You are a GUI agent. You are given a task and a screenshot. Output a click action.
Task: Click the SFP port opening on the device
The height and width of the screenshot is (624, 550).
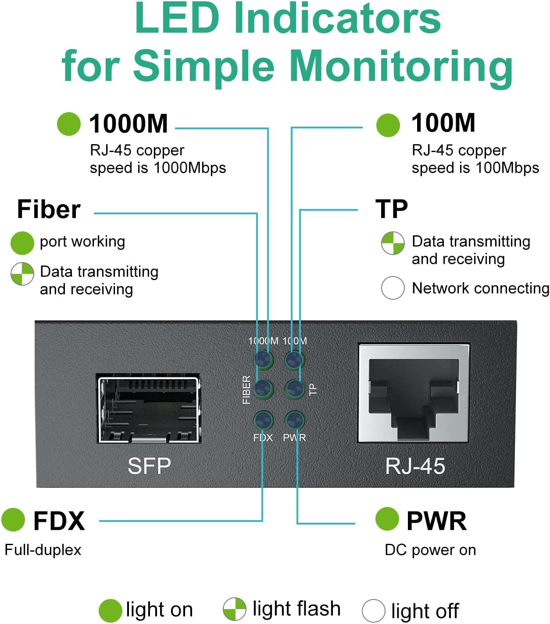tap(149, 408)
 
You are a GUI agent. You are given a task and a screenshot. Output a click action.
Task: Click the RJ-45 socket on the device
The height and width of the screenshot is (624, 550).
tap(414, 393)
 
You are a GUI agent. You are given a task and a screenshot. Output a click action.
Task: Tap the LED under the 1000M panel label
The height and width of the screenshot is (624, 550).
tap(263, 360)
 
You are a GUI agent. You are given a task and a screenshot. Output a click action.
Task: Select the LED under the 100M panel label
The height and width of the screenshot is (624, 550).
tap(294, 360)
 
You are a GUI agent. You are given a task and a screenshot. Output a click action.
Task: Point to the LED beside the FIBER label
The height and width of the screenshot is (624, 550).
tap(263, 389)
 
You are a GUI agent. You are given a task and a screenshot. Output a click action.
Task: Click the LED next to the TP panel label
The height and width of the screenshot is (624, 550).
tap(294, 389)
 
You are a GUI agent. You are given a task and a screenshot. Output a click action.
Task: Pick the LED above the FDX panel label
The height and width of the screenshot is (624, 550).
tap(263, 421)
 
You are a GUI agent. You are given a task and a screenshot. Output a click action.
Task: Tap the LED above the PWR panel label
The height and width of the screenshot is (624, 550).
tap(294, 421)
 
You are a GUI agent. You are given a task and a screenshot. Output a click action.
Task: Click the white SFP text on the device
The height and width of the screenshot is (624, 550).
tap(149, 466)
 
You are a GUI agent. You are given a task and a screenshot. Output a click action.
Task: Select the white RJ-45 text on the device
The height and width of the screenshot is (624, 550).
tap(415, 466)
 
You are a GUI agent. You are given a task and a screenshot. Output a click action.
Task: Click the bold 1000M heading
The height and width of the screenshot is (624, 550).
tap(129, 124)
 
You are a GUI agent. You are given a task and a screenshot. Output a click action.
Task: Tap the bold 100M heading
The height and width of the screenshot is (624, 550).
tap(443, 123)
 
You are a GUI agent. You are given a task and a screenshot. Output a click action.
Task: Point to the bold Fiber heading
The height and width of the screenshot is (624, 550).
tap(49, 209)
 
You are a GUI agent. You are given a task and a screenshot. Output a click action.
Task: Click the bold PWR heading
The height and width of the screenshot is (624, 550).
tap(436, 521)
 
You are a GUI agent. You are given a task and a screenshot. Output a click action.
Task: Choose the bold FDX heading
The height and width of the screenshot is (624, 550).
tap(59, 521)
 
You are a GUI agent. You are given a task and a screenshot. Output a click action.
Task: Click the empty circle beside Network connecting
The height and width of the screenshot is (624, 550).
tap(393, 288)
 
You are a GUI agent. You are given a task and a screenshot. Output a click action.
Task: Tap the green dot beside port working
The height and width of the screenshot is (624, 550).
tap(22, 243)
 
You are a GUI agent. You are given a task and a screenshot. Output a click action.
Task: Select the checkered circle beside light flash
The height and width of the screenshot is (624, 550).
tap(234, 609)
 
